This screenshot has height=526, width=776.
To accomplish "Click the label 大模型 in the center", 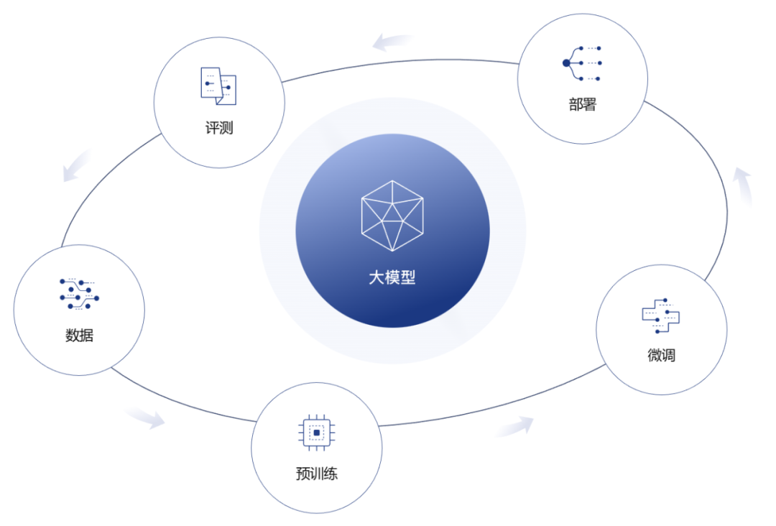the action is (x=392, y=277).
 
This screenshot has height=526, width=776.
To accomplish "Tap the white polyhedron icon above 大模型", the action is (x=392, y=216).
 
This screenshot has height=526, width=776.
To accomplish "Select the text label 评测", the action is (x=219, y=129).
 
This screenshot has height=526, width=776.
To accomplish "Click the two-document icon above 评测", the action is (x=218, y=86).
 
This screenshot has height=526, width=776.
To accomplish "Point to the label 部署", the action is (x=583, y=105).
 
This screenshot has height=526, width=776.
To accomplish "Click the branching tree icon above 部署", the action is (x=582, y=63).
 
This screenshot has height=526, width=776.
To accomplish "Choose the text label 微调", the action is (x=661, y=355).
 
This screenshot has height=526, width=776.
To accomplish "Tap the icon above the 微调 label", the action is (x=661, y=315).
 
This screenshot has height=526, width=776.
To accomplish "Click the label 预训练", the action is (x=316, y=474).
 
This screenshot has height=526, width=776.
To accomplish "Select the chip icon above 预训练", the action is (x=316, y=433).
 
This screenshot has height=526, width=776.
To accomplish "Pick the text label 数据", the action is (x=79, y=335).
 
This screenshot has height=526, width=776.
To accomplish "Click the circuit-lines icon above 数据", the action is (x=79, y=294).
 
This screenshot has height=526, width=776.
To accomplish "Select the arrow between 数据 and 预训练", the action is (x=146, y=418).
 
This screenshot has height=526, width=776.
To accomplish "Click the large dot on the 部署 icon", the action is (x=566, y=63).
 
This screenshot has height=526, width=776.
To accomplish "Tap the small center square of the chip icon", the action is (x=316, y=433).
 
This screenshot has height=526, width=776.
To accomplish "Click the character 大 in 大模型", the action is (x=377, y=277).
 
